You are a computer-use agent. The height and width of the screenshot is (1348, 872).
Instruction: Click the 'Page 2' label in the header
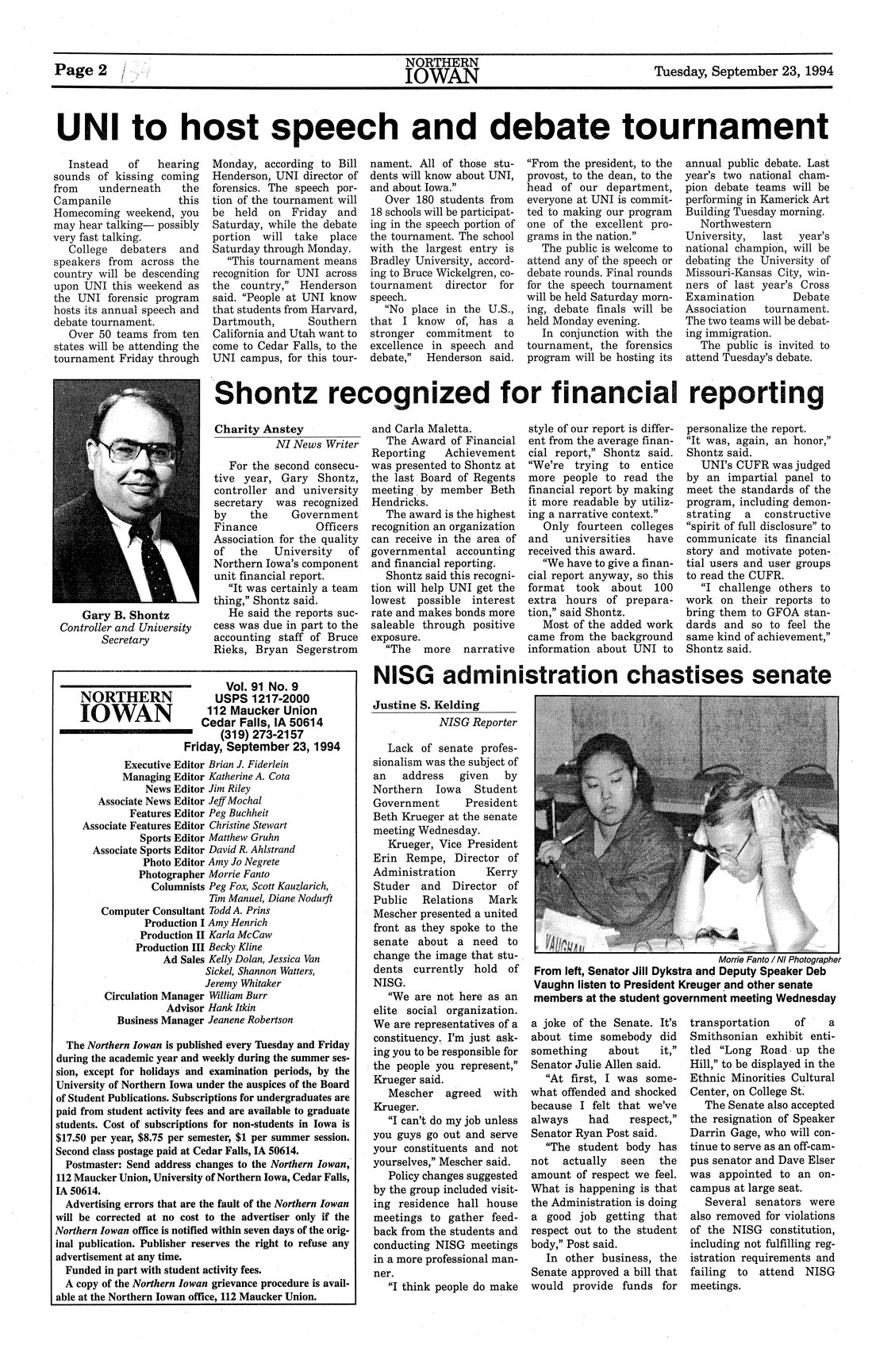[x=80, y=69]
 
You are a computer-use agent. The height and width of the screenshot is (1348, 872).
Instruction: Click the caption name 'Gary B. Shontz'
[x=126, y=615]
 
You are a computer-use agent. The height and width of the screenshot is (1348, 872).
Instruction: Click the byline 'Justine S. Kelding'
[x=426, y=705]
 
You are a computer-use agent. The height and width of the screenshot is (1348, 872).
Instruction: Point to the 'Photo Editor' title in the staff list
[x=174, y=862]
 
